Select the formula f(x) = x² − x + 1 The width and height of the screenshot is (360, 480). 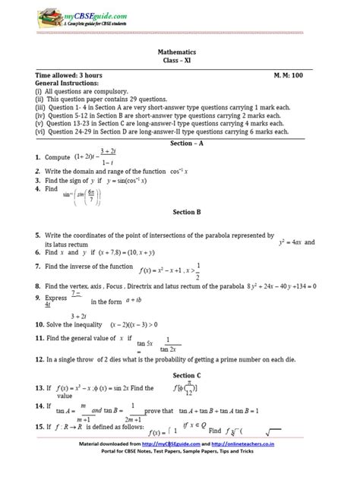coord(164,269)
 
